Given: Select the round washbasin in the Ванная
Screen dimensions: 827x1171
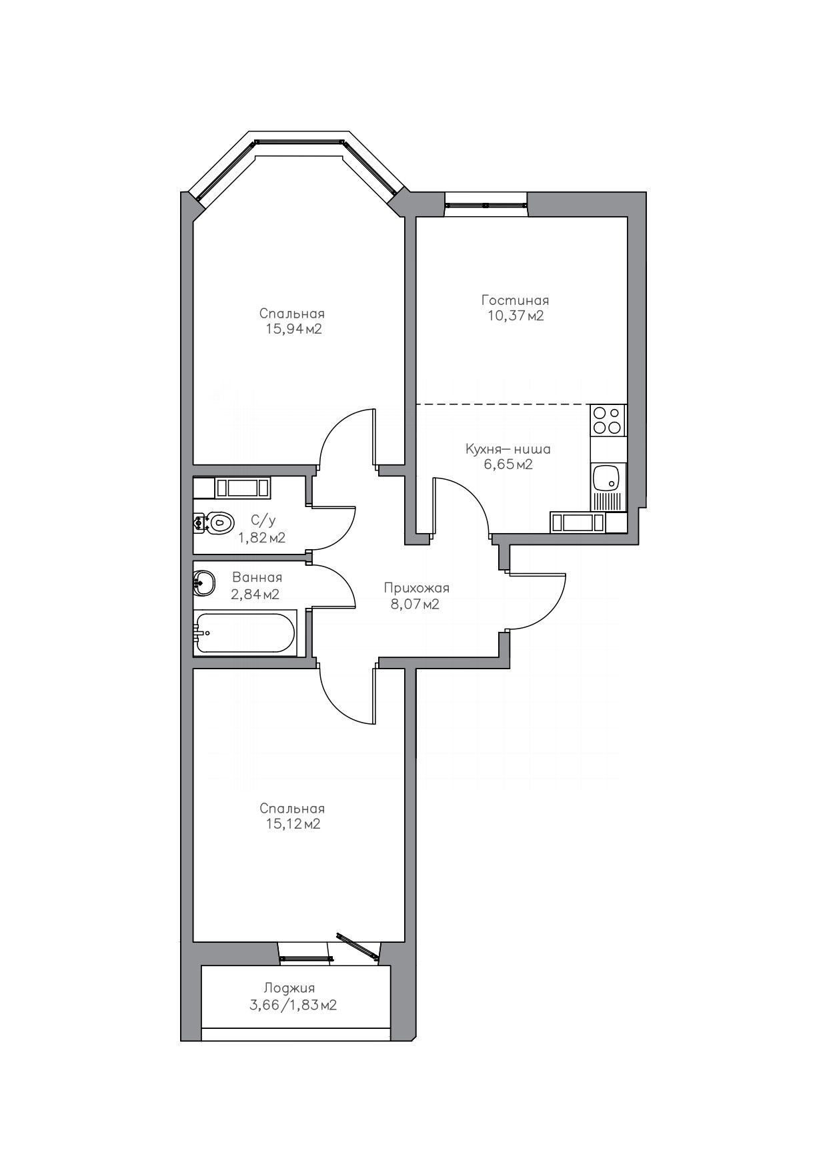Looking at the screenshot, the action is [204, 582].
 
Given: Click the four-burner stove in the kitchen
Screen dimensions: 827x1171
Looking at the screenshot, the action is [608, 420].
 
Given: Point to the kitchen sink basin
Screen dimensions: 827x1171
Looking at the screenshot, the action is [606, 478].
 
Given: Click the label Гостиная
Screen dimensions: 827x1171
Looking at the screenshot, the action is [515, 300].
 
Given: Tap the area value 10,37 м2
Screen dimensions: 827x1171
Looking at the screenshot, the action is [516, 316].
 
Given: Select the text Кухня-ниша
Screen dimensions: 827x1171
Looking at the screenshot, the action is [508, 449].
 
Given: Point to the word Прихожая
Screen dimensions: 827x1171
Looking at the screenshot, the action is [417, 589].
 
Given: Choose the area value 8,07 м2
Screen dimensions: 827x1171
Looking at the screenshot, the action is [415, 605].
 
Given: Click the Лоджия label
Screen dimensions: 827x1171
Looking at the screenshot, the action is [289, 988].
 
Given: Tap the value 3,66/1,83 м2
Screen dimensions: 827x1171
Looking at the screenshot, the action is [293, 1005].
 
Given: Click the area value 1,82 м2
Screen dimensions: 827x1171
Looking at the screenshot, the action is [262, 538].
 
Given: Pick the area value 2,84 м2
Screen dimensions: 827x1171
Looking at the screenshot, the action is [255, 594].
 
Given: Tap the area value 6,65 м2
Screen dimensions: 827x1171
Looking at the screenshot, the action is [508, 465].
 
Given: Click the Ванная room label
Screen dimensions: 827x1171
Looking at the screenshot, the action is [257, 578].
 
